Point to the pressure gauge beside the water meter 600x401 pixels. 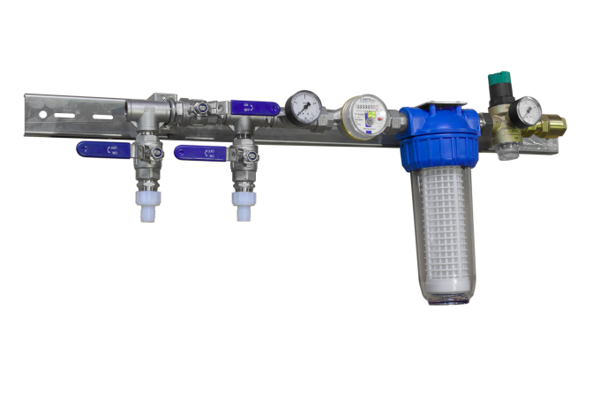tap(304, 108)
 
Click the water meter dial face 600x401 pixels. tap(362, 113)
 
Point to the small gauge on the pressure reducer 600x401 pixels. tap(529, 110)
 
